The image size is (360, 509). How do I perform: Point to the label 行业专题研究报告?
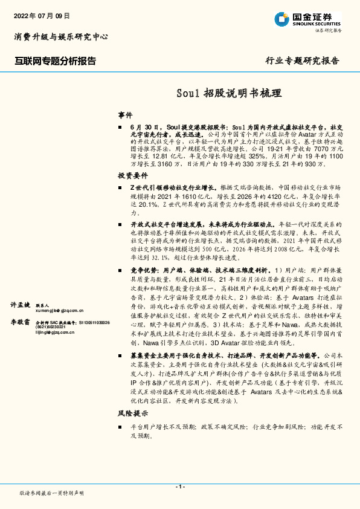click(303, 61)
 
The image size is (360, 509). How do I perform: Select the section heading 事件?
click(125, 115)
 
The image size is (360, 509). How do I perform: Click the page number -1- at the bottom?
click(179, 487)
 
